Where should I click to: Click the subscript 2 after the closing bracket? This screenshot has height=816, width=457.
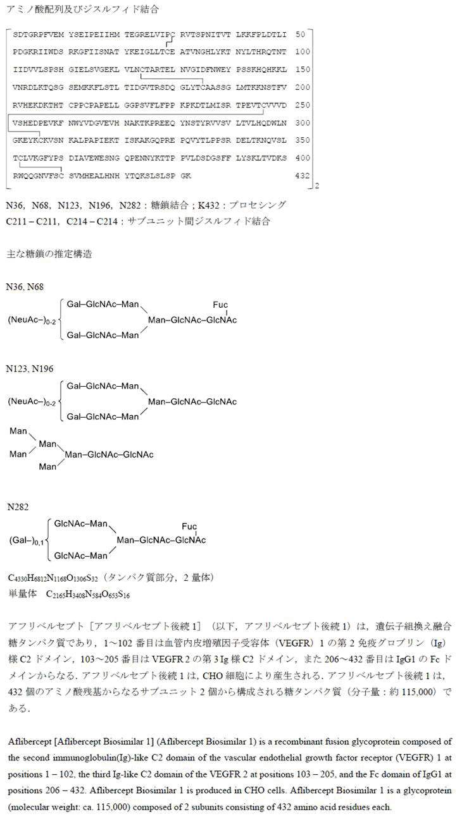(316, 186)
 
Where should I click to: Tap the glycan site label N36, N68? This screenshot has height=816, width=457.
(25, 287)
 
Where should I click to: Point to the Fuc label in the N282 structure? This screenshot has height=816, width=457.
(189, 527)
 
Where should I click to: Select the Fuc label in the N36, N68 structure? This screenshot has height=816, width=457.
(220, 305)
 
